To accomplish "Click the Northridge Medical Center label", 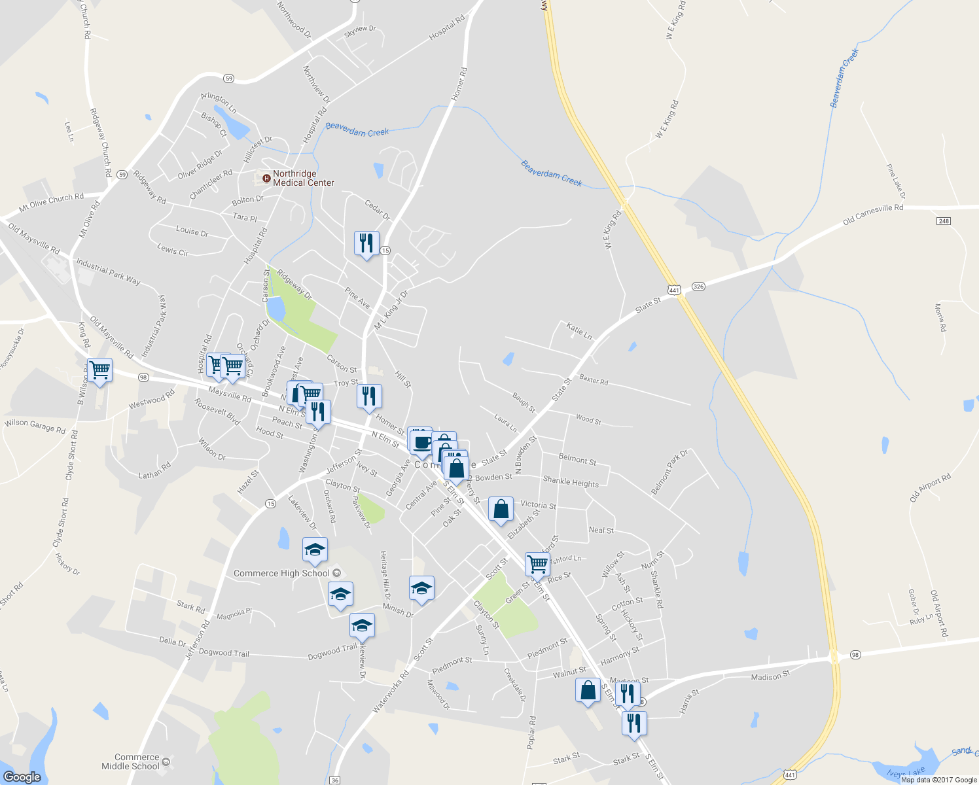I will [x=304, y=178].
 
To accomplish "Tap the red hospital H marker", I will [x=266, y=178].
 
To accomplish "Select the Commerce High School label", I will [x=281, y=573].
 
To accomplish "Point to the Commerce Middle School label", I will [x=131, y=761].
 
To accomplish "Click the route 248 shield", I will [x=943, y=221].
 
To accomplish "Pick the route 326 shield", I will [x=698, y=287].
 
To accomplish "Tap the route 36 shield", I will [x=335, y=780].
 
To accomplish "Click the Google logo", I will [x=22, y=777].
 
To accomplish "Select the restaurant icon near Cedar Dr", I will [x=366, y=243].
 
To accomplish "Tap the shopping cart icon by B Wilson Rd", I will [x=99, y=370].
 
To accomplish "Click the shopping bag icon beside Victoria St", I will [x=501, y=509].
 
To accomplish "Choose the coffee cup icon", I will [x=421, y=440].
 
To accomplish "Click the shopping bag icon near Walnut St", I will [x=588, y=690].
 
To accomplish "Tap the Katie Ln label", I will [x=579, y=331].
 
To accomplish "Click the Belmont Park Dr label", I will [x=669, y=472].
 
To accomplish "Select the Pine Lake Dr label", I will [x=896, y=181].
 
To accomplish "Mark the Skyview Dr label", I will [x=360, y=29].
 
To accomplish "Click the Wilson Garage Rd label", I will [x=35, y=426].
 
